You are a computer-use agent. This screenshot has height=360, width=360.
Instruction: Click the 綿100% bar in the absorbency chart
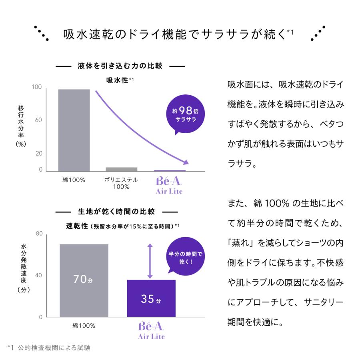point(74,130)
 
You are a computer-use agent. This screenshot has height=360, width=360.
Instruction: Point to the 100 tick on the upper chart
point(37,87)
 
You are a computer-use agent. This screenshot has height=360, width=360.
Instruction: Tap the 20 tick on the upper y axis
point(38,153)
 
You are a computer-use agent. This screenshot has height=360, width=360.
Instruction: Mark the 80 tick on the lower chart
point(39,234)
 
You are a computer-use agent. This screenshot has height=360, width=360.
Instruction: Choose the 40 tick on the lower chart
point(39,275)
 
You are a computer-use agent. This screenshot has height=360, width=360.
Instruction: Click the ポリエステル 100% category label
point(121,183)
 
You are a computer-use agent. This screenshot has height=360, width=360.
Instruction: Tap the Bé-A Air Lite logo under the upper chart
point(169,185)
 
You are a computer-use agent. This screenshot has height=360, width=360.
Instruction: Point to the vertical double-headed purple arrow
point(150,261)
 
